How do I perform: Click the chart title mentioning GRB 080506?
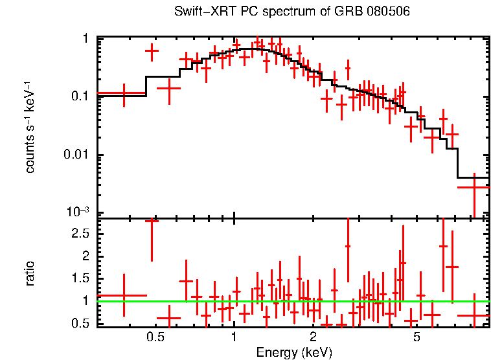(292, 12)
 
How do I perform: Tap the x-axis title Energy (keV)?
(294, 352)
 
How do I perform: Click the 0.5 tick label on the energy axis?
(155, 337)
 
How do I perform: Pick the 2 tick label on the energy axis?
(313, 337)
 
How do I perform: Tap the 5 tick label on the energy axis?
(417, 337)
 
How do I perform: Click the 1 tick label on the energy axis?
(234, 337)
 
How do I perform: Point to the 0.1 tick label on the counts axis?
(80, 97)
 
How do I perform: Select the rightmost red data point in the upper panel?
(474, 187)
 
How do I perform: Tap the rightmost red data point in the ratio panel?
(474, 316)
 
